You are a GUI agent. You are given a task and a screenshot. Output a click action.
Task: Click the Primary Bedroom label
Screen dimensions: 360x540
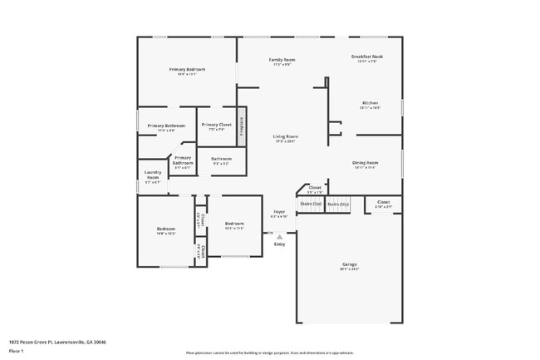pos(187,69)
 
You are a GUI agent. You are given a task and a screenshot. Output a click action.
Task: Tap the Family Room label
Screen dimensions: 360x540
pos(282,60)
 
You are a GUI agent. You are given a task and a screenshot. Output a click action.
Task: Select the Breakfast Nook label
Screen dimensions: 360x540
pos(366,57)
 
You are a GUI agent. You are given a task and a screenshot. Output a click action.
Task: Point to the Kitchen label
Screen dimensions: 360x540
pos(369,103)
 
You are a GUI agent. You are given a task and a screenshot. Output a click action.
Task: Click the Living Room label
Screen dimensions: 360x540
pos(286,136)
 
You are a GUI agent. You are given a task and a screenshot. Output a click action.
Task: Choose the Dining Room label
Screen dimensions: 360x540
pos(366,162)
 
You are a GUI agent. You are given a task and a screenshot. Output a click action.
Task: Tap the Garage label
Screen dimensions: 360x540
pos(349,264)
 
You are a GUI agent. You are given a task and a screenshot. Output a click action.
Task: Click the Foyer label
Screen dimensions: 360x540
pos(279,212)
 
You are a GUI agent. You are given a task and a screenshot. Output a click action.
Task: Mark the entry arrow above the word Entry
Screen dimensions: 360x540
pos(279,236)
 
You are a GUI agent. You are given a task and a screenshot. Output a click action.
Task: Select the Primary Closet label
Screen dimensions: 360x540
pos(215,125)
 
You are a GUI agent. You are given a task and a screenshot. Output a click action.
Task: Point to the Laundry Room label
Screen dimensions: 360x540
pos(152,176)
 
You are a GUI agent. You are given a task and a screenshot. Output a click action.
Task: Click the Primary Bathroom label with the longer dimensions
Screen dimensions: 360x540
pos(160,126)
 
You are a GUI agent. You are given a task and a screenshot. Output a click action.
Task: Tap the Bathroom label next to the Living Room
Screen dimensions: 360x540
pos(221,158)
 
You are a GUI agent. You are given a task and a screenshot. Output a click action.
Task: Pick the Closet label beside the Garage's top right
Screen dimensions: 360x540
pos(383,202)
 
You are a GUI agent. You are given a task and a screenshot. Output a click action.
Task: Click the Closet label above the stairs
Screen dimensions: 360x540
pos(315,188)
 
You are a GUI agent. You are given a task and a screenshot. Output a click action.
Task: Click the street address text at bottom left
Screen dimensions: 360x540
pos(57,342)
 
